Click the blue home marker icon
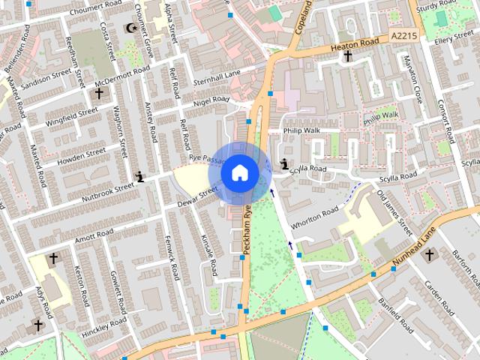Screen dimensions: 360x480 pyautogui.click(x=239, y=172)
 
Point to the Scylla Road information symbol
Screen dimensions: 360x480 pyautogui.click(x=284, y=164)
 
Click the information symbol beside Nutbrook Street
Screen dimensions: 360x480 pyautogui.click(x=139, y=177)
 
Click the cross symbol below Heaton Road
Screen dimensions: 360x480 pyautogui.click(x=347, y=56)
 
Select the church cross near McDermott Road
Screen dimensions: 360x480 pyautogui.click(x=98, y=93)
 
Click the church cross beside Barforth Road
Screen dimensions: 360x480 pyautogui.click(x=429, y=255)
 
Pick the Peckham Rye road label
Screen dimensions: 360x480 pyautogui.click(x=246, y=232)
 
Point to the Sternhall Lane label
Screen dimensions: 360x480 pyautogui.click(x=217, y=74)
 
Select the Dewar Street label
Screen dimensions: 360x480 pyautogui.click(x=197, y=196)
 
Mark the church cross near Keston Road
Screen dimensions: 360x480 pyautogui.click(x=52, y=259)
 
